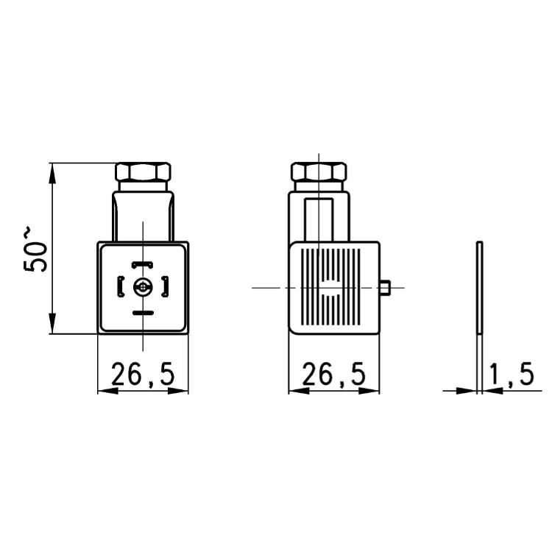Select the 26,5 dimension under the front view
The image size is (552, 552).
pos(143,375)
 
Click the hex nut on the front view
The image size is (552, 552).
pos(144,173)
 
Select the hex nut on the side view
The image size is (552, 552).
pos(318,173)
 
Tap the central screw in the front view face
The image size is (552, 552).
pos(142,288)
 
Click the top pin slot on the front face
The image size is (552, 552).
pos(142,264)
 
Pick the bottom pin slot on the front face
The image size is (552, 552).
pos(142,313)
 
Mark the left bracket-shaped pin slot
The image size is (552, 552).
pos(121,287)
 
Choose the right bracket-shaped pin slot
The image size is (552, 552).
pos(165,287)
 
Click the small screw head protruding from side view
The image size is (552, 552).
pos(385,288)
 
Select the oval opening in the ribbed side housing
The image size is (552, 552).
pos(329,288)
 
